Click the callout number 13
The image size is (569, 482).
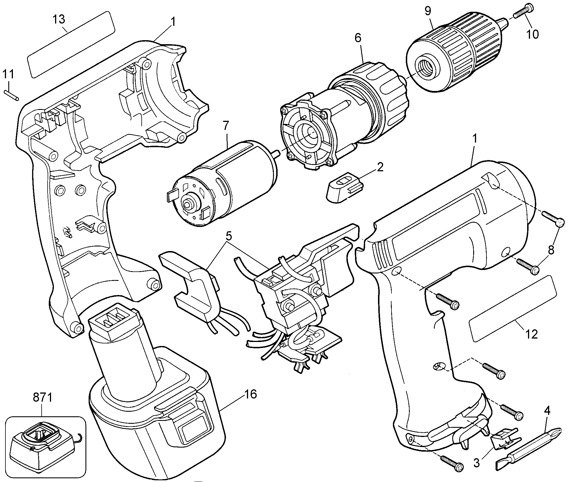coord(59,20)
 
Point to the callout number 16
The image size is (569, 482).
coord(250,394)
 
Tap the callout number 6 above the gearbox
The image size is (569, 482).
coord(358,38)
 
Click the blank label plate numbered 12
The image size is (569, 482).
coord(512,308)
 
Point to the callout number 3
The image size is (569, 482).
coord(476,463)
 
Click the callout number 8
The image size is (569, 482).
coord(551,250)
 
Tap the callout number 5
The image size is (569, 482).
coord(228,236)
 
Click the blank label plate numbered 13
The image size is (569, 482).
coord(71,44)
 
